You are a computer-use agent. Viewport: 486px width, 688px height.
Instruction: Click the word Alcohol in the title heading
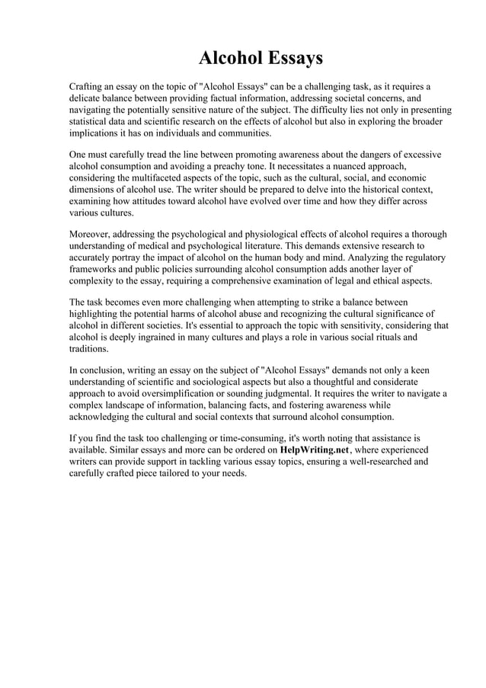pos(229,58)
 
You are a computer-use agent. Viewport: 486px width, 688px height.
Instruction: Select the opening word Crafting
pos(88,86)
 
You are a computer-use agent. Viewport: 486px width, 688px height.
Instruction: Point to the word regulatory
pos(420,258)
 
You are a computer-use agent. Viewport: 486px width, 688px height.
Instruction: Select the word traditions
pos(88,348)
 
